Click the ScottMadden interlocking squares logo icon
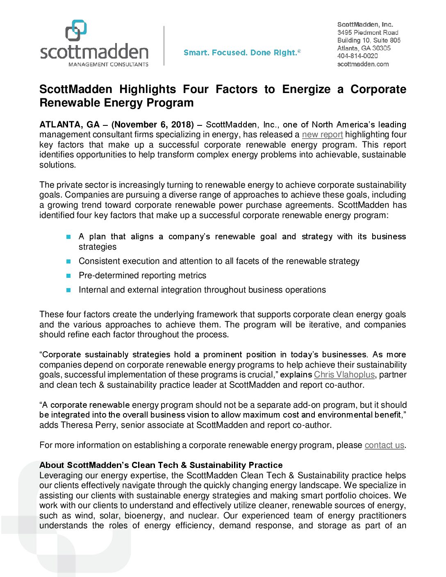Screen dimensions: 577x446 (76, 30)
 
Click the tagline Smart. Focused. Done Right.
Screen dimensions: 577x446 (242, 52)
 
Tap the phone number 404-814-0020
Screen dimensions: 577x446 (357, 56)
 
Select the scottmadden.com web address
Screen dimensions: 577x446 (363, 64)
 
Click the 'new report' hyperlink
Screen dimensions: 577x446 (322, 134)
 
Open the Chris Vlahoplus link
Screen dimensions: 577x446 (344, 375)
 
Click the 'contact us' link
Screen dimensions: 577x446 (384, 445)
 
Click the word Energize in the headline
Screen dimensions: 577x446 (306, 89)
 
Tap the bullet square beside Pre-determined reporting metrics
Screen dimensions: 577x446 (68, 276)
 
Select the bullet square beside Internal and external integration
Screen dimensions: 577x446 (68, 290)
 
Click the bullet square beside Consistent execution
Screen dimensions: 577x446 (68, 261)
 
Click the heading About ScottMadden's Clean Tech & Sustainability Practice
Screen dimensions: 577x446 (161, 465)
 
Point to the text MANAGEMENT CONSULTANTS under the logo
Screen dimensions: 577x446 (108, 64)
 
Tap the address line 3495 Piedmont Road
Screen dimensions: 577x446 (368, 32)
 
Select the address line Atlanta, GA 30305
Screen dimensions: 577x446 (364, 48)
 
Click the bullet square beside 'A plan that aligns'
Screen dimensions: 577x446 (68, 237)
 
